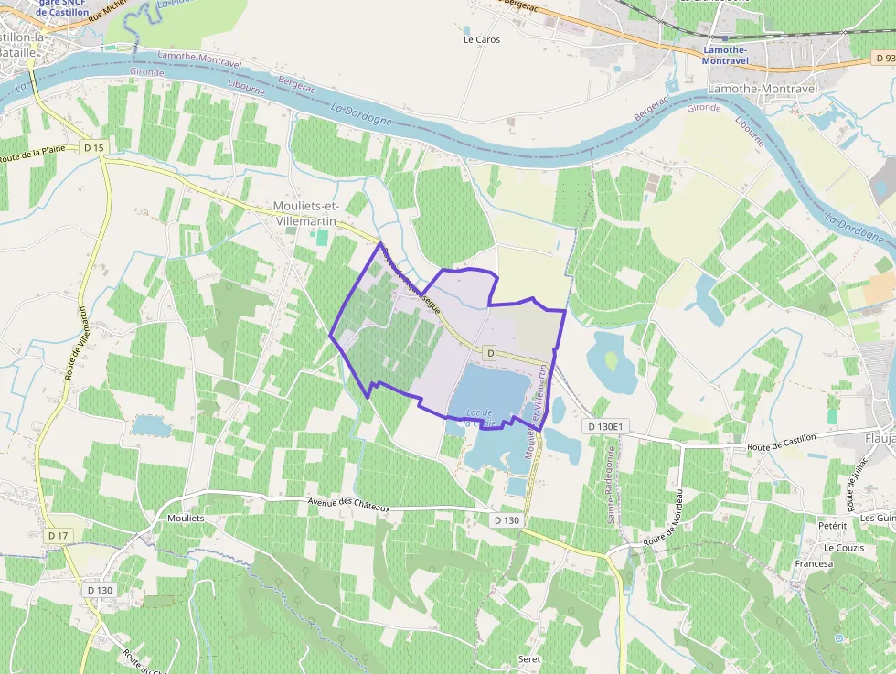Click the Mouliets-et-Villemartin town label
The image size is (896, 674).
point(305,213)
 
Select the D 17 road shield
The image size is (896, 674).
point(58,535)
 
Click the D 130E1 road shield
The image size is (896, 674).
point(604,426)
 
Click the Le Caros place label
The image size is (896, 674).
point(482,39)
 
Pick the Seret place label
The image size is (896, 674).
point(528,659)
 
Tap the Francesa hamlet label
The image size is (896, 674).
point(814,563)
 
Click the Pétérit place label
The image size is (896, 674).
point(833,526)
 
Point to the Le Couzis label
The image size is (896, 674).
point(842,548)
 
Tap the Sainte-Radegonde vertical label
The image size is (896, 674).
point(610,485)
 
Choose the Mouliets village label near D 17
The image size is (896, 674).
point(187,518)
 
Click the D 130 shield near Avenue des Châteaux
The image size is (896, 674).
point(507,519)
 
